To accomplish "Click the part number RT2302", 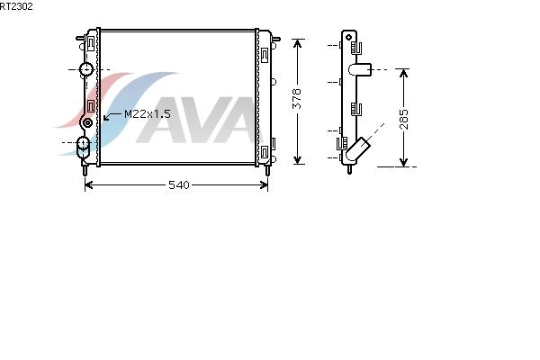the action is point(16,6).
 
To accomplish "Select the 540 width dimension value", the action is point(179,185).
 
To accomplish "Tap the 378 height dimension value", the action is point(297,99).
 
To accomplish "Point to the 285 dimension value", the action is point(403,119).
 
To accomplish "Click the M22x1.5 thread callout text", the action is point(147,114).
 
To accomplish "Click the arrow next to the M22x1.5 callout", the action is point(112,116).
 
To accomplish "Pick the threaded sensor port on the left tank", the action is point(87,122).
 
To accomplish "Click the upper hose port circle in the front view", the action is point(86,69).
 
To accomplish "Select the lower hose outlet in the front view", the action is point(83,147).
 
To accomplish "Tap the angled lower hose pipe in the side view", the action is point(357,149).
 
